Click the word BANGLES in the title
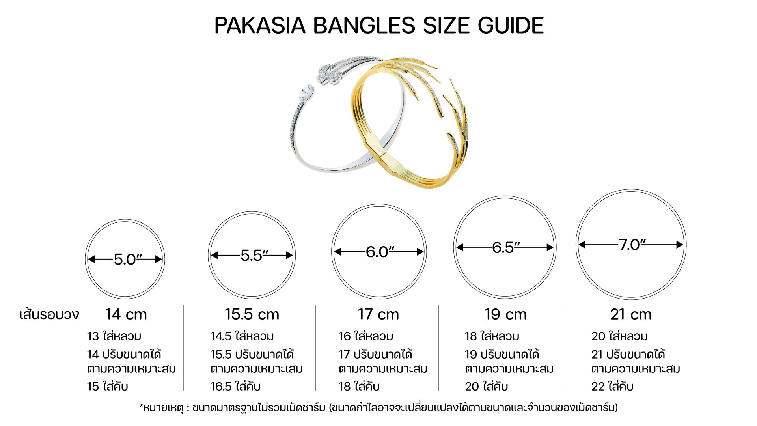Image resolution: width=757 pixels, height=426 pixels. (364, 25)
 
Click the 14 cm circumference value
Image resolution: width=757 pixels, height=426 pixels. (126, 314)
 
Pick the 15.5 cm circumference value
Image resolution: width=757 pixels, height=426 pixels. (252, 314)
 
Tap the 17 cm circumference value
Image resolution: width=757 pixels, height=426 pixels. (378, 314)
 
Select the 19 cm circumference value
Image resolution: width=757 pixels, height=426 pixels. (505, 314)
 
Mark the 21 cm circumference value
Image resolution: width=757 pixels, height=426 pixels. (631, 314)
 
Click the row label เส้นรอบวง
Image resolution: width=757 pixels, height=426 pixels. (49, 314)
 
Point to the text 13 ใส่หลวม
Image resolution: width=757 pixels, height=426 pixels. (114, 336)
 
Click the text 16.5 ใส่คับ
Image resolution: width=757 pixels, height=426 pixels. (235, 386)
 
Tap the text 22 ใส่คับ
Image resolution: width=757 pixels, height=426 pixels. (612, 386)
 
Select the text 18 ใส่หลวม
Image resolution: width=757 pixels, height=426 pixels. (492, 336)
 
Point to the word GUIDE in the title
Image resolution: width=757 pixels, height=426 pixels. (511, 25)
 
